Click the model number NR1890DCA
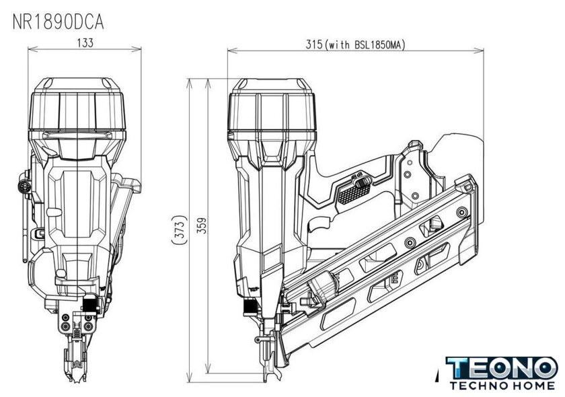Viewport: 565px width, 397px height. click(x=59, y=22)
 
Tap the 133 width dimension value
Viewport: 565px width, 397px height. click(x=85, y=43)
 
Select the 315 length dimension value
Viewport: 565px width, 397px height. click(x=313, y=44)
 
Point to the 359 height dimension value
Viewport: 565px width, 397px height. click(x=202, y=225)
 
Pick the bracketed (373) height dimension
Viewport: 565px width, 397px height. click(x=180, y=230)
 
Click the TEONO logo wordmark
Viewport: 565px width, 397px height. click(x=502, y=368)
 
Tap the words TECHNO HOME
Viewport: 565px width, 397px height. click(x=502, y=386)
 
